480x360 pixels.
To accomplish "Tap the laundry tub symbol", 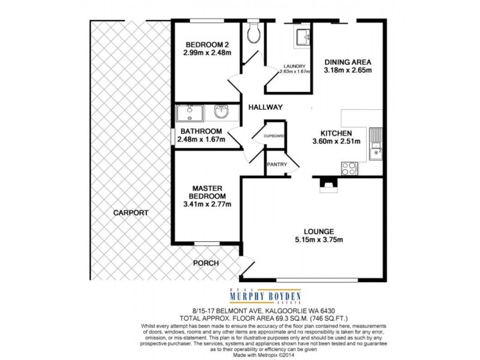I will [302, 37].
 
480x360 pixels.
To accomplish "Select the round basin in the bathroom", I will [220, 112].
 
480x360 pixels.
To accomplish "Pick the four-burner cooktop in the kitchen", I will [349, 168].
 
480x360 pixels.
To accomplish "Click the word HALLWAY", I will [265, 107].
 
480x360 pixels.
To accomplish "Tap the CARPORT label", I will [129, 212].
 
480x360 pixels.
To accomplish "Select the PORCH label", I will [206, 263].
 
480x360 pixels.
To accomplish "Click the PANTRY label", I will [277, 164].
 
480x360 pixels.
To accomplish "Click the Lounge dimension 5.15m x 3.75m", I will [318, 241].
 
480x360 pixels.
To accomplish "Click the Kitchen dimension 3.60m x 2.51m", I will [336, 142].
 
